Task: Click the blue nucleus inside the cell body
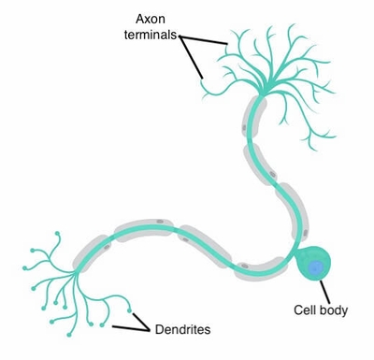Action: pyautogui.click(x=316, y=268)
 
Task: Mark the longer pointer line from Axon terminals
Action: pyautogui.click(x=192, y=60)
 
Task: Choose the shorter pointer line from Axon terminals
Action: pyautogui.click(x=207, y=42)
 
